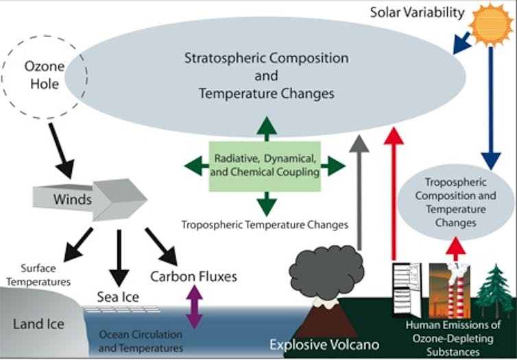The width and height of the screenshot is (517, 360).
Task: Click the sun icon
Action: pyautogui.click(x=491, y=25)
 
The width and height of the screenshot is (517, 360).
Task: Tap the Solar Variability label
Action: pyautogui.click(x=417, y=13)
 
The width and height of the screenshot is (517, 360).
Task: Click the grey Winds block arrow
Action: pyautogui.click(x=90, y=200)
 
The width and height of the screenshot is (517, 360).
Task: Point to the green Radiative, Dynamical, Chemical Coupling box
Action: pyautogui.click(x=265, y=167)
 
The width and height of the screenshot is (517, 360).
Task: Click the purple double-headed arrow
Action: pyautogui.click(x=194, y=307)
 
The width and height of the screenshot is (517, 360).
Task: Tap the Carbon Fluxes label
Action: pyautogui.click(x=193, y=276)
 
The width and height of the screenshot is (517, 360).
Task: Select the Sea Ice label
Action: pyautogui.click(x=118, y=297)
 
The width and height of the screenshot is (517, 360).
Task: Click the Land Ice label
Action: pyautogui.click(x=38, y=324)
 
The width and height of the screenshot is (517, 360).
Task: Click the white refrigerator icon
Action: pyautogui.click(x=407, y=290)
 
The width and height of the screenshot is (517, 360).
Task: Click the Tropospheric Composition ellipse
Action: pyautogui.click(x=456, y=202)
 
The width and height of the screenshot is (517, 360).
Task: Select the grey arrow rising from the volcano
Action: pyautogui.click(x=359, y=192)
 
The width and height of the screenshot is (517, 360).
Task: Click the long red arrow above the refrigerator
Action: pyautogui.click(x=394, y=193)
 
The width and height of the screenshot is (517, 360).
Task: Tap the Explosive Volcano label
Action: pyautogui.click(x=324, y=344)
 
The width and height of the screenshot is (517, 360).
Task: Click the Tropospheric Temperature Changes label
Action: pyautogui.click(x=265, y=225)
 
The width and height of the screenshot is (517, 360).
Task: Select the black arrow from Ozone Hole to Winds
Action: pyautogui.click(x=62, y=151)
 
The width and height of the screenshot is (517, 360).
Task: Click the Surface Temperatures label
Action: pyautogui.click(x=38, y=275)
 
